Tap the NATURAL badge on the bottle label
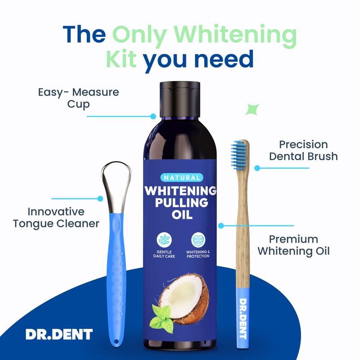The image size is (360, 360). coord(182,177)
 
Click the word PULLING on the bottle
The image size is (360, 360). coord(182,203)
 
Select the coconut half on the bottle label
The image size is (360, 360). coord(185,298)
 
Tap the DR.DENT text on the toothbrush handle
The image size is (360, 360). coord(243,319)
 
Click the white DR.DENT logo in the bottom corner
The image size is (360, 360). coord(59,334)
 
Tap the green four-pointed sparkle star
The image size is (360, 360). coord(252,109)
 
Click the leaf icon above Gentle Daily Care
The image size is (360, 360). coord(164,240)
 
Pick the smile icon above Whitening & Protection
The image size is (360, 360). coord(198,240)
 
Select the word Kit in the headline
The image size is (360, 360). coord(121,59)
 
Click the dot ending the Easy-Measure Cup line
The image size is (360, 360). coord(153,117)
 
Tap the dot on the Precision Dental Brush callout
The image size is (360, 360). coord(257,168)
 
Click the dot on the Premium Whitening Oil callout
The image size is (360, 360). coord(221,226)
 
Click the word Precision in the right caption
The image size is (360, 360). coord(303,144)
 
